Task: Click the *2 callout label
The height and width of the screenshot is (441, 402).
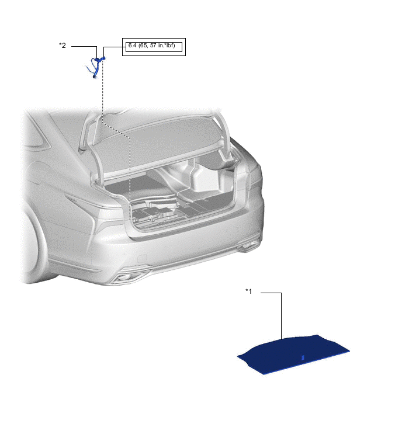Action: click(x=62, y=46)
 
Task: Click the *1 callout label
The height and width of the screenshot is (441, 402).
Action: click(x=248, y=291)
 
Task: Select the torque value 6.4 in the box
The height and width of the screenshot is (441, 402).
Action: click(x=132, y=46)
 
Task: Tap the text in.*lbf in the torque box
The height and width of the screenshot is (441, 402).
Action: click(x=167, y=46)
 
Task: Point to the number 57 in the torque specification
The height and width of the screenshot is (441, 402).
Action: click(x=153, y=46)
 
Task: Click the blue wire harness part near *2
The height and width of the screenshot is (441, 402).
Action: click(x=95, y=68)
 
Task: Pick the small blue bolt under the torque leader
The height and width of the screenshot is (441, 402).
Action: click(x=103, y=58)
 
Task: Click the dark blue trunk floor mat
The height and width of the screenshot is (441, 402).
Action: click(x=293, y=355)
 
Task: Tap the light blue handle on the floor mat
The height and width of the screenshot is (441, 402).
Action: click(x=303, y=357)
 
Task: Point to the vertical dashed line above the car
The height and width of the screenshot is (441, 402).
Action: click(x=102, y=90)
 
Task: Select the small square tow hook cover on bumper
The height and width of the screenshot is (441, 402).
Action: click(x=143, y=258)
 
